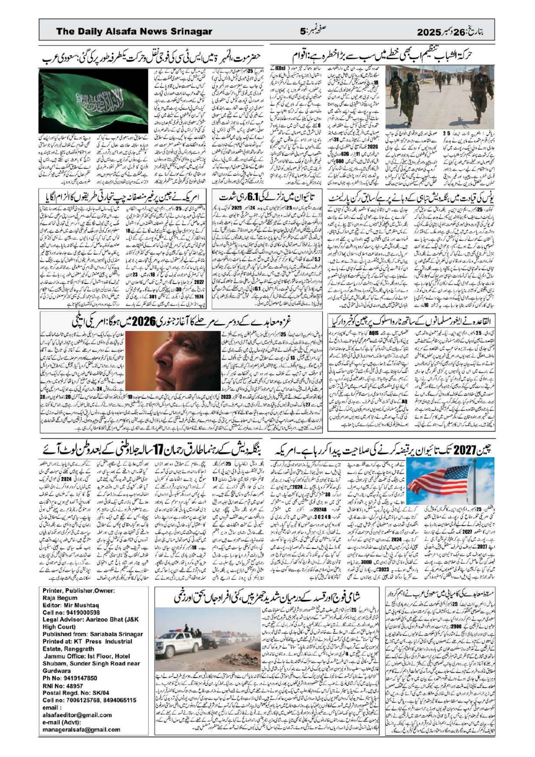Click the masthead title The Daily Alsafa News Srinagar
click(134, 31)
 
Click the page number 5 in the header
click(303, 31)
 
